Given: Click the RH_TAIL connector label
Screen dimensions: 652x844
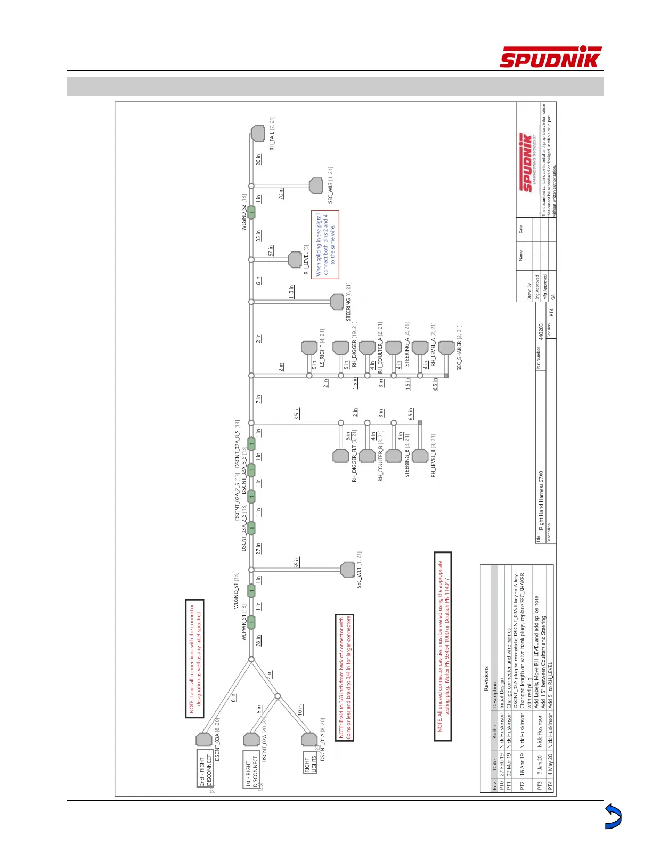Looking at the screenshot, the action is tap(272, 134).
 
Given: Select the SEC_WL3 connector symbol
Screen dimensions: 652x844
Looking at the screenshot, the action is tap(316, 186).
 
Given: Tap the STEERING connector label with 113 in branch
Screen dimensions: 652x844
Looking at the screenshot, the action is tap(348, 302).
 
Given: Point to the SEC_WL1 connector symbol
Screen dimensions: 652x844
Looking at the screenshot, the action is tap(347, 570).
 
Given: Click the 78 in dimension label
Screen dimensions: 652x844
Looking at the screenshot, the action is tap(258, 640).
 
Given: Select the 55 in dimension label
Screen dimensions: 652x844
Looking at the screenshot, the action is tap(297, 562).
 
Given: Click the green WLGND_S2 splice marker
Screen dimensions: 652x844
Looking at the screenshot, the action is tap(251, 212).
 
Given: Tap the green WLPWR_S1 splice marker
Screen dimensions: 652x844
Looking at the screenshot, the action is tap(251, 622).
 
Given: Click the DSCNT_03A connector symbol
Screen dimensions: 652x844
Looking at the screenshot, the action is tap(203, 740).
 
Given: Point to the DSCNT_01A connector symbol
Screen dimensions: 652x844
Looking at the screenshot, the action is tap(309, 740).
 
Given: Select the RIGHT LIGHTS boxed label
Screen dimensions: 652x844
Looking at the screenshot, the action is tap(310, 765).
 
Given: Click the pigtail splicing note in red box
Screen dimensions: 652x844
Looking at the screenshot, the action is tap(325, 245).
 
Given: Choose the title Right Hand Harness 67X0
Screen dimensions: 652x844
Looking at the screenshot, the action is tap(541, 500).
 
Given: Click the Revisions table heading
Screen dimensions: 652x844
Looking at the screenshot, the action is tap(485, 678).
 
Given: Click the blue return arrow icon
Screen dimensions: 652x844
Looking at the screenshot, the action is tap(613, 817).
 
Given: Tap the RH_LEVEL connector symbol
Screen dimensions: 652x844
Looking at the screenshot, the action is tap(295, 260).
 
